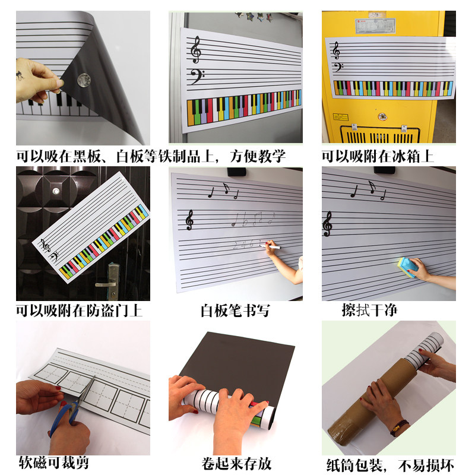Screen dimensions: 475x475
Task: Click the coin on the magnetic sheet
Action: [x=84, y=80]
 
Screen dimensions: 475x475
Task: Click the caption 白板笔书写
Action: [x=235, y=311]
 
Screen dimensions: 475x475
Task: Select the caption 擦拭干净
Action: [x=369, y=310]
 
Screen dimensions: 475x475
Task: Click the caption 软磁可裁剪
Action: [x=54, y=463]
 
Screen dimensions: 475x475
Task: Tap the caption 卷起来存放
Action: [x=236, y=464]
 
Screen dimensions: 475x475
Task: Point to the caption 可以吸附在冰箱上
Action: [x=378, y=156]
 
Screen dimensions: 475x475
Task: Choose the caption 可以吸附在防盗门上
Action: [x=79, y=311]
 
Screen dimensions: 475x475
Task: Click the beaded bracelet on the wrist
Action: [x=399, y=427]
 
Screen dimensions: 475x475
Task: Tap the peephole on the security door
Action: [x=56, y=191]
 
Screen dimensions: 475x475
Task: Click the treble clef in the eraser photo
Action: [x=328, y=224]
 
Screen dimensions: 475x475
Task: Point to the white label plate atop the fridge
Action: [x=375, y=26]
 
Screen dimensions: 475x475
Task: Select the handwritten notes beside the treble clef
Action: [x=254, y=219]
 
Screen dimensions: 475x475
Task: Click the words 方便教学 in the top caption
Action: [x=258, y=156]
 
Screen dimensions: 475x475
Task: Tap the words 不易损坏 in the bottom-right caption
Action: [x=426, y=465]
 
